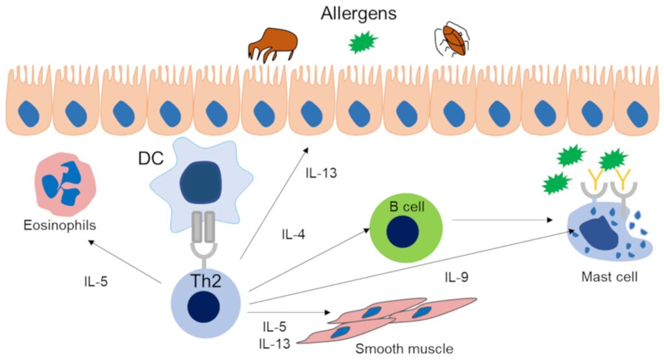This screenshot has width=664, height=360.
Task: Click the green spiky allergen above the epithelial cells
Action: [363, 43]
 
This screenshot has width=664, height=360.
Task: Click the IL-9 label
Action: [456, 278]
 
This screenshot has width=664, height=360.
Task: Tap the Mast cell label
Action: [610, 278]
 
